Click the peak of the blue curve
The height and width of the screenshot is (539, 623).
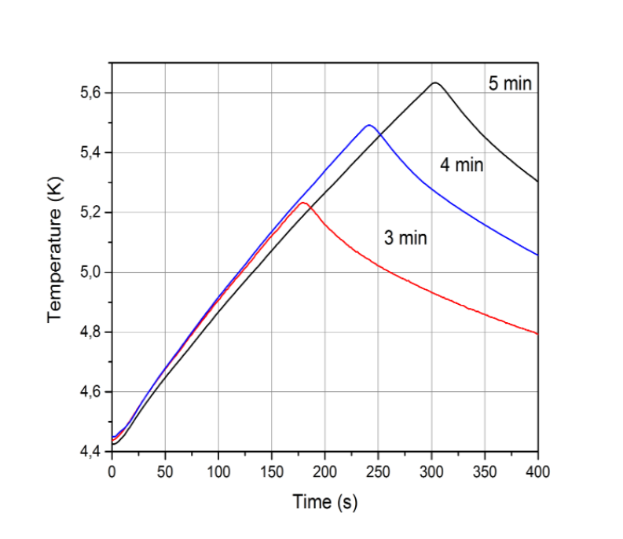368,125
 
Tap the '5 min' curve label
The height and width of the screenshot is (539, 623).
511,83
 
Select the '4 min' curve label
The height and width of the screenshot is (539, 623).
461,166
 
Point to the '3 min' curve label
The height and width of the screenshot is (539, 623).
405,237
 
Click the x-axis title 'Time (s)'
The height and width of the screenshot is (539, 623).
324,501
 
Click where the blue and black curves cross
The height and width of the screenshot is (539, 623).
380,134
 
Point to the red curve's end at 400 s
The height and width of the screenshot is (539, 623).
537,334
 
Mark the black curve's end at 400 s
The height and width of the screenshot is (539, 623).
537,181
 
